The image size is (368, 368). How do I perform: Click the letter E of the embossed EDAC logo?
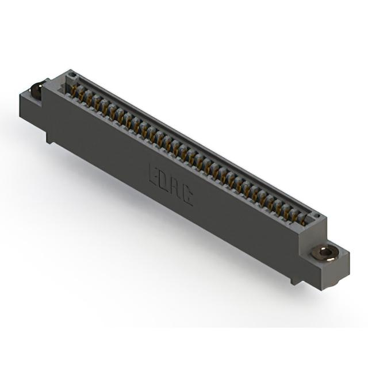pyautogui.click(x=154, y=173)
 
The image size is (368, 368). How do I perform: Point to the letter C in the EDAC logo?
pyautogui.click(x=187, y=197)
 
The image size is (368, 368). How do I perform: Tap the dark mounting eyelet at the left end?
pyautogui.click(x=37, y=90)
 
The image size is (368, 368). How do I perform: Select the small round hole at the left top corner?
pyautogui.click(x=72, y=75)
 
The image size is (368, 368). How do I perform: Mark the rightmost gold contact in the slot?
pyautogui.click(x=303, y=220)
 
